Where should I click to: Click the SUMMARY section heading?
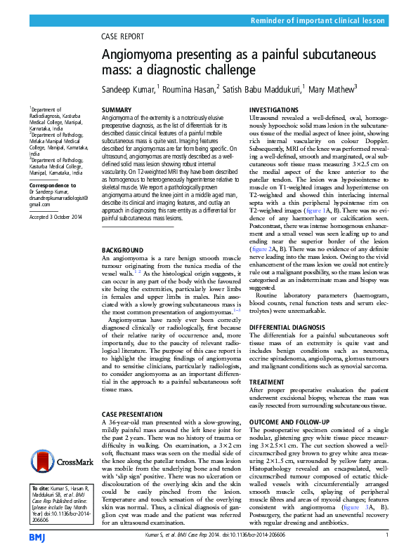pos(117,111)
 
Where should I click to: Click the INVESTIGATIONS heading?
pos(277,111)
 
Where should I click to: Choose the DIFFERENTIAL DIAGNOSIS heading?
pos(289,327)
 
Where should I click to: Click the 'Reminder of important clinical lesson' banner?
pos(320,22)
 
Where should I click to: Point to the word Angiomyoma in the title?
pos(142,55)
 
